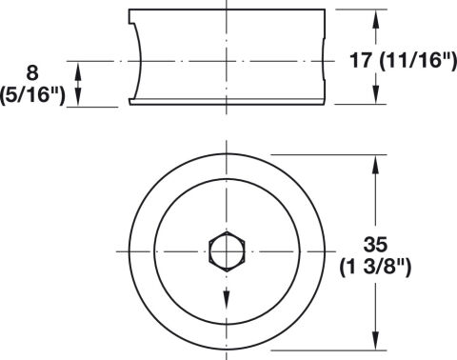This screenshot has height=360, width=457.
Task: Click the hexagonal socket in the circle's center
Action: (227, 251)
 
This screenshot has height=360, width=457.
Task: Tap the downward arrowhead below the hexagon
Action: (227, 299)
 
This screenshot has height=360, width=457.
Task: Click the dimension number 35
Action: (376, 245)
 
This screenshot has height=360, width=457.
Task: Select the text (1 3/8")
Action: (375, 268)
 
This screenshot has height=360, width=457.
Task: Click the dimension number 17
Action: (361, 60)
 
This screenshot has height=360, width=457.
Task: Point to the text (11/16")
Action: (418, 60)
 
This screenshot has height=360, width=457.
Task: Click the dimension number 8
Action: (32, 72)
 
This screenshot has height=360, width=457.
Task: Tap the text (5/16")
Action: (32, 94)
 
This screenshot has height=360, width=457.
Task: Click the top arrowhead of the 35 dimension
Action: (376, 165)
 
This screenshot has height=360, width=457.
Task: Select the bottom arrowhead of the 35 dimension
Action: (376, 340)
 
